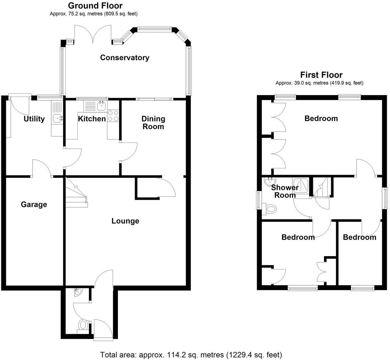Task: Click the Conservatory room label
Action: pyautogui.click(x=125, y=58)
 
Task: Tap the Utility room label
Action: pyautogui.click(x=34, y=119)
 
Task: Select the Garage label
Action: pyautogui.click(x=34, y=205)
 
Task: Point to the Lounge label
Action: pyautogui.click(x=125, y=221)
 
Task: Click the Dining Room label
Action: pyautogui.click(x=153, y=123)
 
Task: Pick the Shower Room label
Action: pyautogui.click(x=285, y=191)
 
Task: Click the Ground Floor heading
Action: pyautogui.click(x=95, y=6)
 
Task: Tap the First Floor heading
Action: pyautogui.click(x=321, y=75)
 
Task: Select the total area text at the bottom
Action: pyautogui.click(x=191, y=355)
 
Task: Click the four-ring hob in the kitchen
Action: pyautogui.click(x=113, y=115)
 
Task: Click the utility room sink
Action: pyautogui.click(x=58, y=118)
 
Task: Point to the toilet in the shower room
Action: pyautogui.click(x=270, y=208)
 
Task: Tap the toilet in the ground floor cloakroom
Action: pyautogui.click(x=83, y=324)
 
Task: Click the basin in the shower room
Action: pyautogui.click(x=270, y=181)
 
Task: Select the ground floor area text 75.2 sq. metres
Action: pyautogui.click(x=93, y=14)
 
